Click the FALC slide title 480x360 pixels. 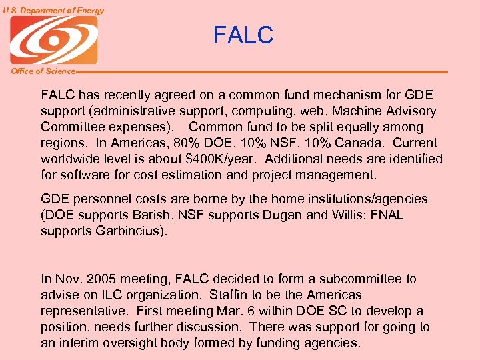click(x=243, y=35)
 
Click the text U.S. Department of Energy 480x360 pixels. click(x=53, y=11)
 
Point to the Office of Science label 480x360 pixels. click(x=43, y=71)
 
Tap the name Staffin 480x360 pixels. click(x=229, y=295)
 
